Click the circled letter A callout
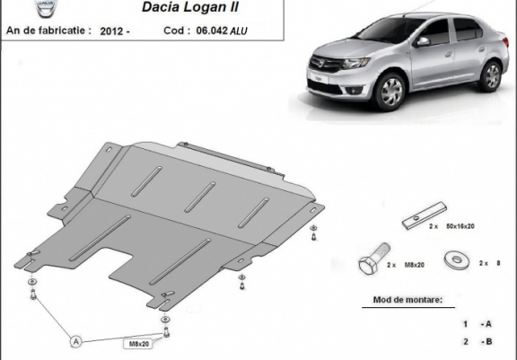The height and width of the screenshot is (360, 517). click(75, 340)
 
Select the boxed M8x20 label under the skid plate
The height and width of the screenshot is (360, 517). click(138, 342)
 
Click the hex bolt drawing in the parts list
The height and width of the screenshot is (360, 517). click(372, 266)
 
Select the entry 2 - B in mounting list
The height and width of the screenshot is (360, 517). click(476, 342)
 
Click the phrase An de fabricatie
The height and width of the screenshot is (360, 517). click(47, 30)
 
